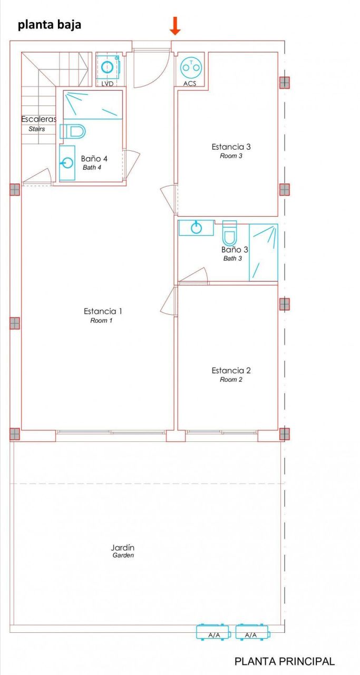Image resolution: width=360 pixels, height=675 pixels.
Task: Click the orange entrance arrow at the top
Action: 176,26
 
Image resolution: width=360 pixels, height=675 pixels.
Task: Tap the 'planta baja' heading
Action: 50,24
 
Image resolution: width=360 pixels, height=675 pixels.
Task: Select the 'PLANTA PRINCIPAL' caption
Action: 284,661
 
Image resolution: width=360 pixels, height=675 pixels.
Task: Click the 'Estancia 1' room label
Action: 103,311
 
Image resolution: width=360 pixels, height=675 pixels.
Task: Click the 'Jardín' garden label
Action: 123,547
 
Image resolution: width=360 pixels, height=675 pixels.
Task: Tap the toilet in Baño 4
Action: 73,131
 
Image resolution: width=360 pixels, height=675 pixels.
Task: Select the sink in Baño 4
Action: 66,162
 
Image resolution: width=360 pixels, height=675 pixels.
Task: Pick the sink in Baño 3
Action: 196,228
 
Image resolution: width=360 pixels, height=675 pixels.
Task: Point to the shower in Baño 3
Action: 263,252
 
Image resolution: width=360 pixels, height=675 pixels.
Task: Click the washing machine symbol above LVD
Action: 108,67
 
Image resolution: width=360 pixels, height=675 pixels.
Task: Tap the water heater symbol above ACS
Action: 190,67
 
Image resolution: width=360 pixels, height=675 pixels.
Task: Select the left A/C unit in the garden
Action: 213,632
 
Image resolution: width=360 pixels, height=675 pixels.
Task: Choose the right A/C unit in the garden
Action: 251,632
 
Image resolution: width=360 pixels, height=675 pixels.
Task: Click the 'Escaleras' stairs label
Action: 38,119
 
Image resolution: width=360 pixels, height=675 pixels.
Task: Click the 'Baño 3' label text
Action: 235,250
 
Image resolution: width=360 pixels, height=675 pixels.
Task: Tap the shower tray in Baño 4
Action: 93,104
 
